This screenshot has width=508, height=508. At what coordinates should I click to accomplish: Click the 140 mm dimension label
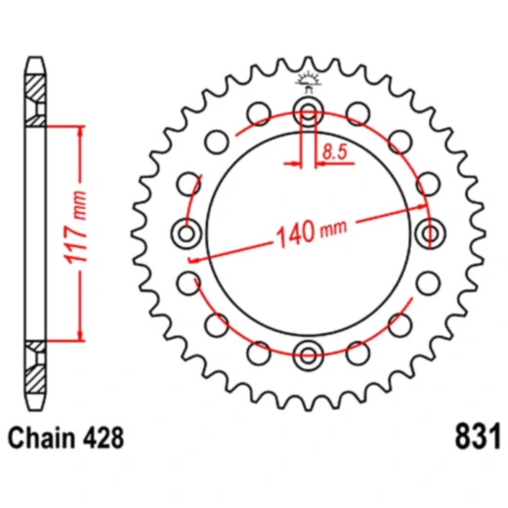[312, 233]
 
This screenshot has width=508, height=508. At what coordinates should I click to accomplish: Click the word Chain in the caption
[42, 436]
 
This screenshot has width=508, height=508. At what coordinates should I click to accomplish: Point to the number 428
[104, 436]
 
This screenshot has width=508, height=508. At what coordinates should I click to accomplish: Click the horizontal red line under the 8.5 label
[332, 162]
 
